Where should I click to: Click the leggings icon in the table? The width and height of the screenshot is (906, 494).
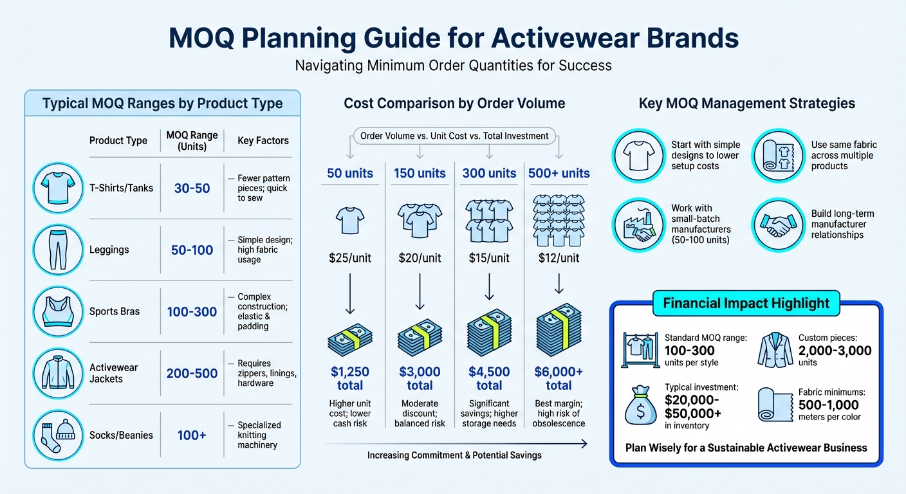point(57,250)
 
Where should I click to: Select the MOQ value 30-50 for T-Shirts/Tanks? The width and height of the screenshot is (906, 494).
point(192,188)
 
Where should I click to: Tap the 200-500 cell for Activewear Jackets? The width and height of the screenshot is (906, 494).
point(192,373)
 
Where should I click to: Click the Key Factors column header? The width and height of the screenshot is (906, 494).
point(263,140)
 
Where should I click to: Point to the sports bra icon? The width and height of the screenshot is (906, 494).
point(57,311)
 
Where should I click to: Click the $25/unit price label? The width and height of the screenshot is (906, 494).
point(350,258)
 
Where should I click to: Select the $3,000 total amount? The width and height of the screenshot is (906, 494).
point(420,378)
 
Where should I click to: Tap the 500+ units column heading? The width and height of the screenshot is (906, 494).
point(559,173)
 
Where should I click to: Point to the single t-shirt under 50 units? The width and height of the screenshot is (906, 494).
point(350,220)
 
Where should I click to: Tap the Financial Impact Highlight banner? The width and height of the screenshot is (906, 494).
point(746,303)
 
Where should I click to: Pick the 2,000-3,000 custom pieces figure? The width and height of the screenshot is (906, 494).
point(835,351)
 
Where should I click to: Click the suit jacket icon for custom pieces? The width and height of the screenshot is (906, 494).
point(775,350)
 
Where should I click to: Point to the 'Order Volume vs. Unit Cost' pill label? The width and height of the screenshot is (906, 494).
point(454,136)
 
